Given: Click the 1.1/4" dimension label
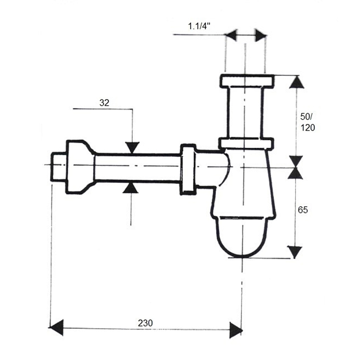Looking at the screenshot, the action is [199, 26].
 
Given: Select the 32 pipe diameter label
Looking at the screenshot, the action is [104, 103].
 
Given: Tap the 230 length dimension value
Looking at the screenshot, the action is [145, 323].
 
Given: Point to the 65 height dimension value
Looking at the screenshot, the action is [303, 210].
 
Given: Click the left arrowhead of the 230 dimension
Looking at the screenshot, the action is [56, 327].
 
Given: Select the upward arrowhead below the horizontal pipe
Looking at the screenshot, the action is [130, 188].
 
